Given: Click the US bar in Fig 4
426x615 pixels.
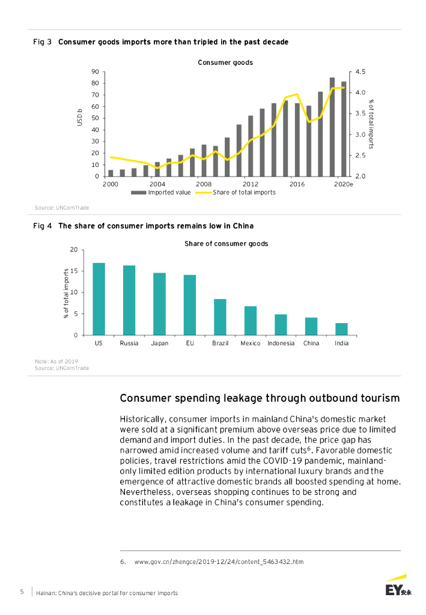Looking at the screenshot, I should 99,298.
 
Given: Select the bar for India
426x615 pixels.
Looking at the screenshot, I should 341,329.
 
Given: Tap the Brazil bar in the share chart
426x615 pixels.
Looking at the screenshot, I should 220,317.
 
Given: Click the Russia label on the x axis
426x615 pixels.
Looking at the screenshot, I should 129,343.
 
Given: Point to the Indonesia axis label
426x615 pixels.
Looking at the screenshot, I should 281,343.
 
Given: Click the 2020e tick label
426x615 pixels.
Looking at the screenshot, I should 344,184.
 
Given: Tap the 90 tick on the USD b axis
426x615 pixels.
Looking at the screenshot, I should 95,71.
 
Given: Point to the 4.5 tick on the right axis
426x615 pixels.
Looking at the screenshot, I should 361,71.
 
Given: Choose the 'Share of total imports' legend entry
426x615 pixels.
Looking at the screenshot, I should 244,192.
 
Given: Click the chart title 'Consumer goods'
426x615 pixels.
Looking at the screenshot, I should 225,62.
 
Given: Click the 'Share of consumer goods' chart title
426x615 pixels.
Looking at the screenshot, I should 226,244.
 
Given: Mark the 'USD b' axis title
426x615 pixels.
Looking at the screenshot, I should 79,117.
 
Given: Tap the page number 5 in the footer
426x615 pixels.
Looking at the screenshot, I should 22,592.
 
